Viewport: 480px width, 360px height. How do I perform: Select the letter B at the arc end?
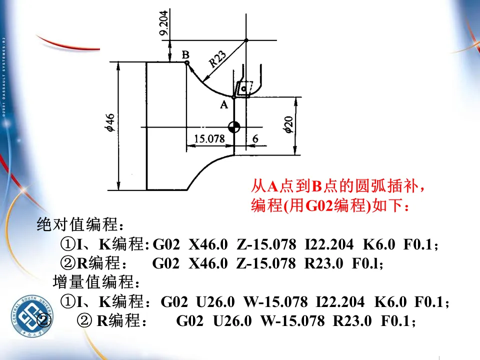point(185,54)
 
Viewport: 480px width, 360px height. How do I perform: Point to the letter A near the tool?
point(224,104)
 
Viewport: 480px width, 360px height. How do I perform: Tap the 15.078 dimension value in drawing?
point(209,138)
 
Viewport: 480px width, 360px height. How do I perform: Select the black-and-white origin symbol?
point(233,127)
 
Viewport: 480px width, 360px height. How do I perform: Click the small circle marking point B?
point(187,63)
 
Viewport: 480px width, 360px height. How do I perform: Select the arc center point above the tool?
point(246,40)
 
